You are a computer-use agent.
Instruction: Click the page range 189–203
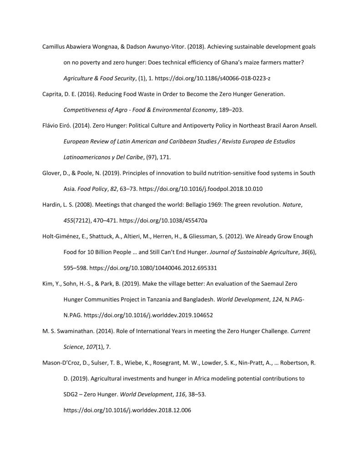[x=237, y=110]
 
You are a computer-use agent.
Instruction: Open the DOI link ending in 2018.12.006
[x=127, y=410]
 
